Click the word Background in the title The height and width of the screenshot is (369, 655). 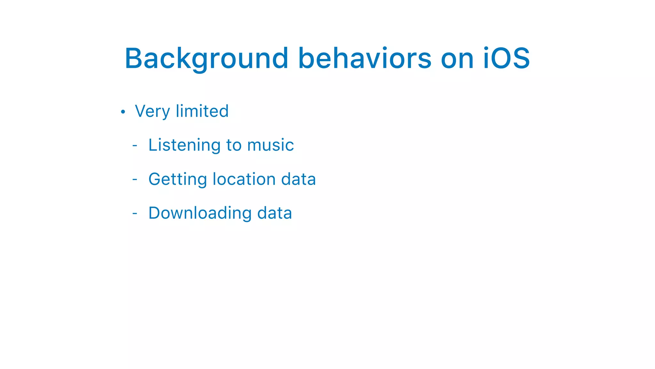207,59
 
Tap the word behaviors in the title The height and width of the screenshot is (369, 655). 365,59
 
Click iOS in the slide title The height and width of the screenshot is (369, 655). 506,59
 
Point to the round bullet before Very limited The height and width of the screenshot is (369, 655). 123,112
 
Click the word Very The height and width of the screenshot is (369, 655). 152,111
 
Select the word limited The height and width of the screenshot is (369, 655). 202,111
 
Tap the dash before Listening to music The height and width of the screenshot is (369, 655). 135,145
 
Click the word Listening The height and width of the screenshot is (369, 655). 185,145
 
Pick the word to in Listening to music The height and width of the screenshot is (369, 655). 234,145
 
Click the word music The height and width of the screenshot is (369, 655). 271,145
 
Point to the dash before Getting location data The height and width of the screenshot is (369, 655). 135,179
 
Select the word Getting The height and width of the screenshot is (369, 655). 178,179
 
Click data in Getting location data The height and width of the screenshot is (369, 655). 298,179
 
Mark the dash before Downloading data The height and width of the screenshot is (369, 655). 135,213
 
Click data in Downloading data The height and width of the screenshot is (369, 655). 274,213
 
